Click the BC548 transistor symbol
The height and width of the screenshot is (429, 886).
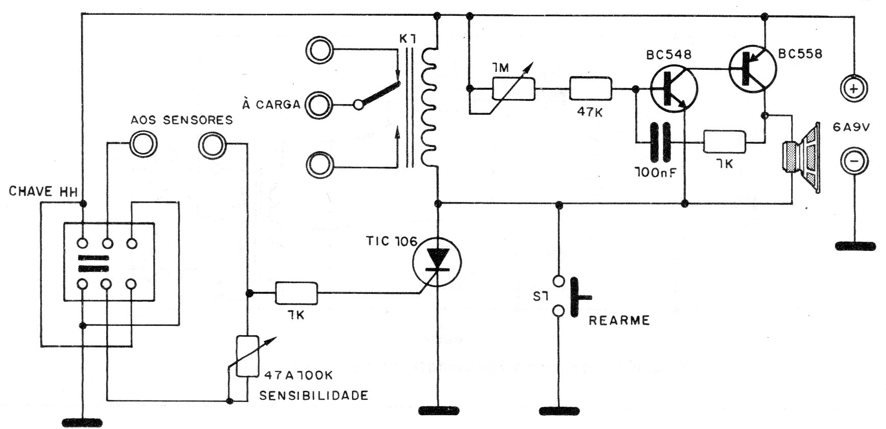673,90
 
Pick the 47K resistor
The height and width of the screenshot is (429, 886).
590,89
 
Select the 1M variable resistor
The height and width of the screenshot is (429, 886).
513,89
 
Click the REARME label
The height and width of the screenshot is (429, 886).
619,320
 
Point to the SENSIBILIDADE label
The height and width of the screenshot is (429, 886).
313,395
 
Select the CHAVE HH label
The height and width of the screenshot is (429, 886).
43,192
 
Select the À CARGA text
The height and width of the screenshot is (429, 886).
271,105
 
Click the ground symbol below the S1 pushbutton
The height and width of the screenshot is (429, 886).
559,410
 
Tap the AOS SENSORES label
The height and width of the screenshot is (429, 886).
182,120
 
